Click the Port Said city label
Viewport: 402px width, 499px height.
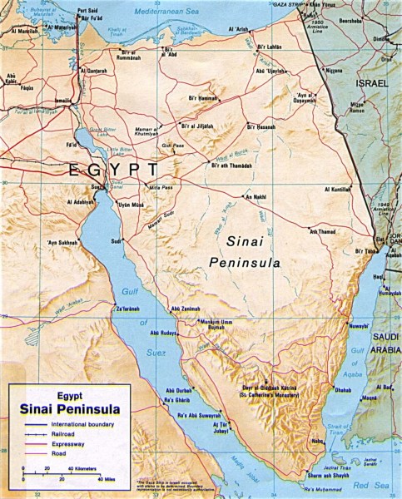coord(87,11)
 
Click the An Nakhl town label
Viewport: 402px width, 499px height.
coord(253,197)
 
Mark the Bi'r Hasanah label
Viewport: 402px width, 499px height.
coord(261,126)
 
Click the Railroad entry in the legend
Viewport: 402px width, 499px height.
coord(59,433)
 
